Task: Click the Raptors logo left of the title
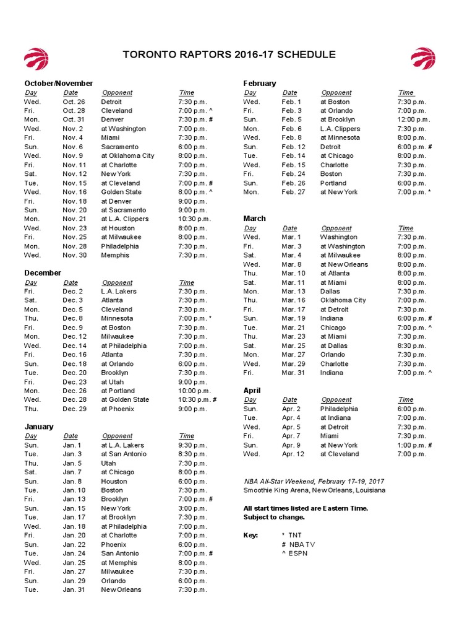[x=36, y=58]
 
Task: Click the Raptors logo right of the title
[x=424, y=58]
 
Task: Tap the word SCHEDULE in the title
[x=306, y=54]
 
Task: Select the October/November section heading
[x=59, y=83]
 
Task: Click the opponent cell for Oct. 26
[x=111, y=102]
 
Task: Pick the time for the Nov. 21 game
[x=194, y=219]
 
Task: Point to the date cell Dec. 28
[x=74, y=400]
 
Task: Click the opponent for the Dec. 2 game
[x=118, y=291]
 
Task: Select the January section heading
[x=39, y=427]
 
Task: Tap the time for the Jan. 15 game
[x=192, y=508]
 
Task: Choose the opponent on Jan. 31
[x=121, y=589]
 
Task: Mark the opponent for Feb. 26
[x=333, y=183]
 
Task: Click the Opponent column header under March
[x=336, y=228]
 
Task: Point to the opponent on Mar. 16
[x=343, y=300]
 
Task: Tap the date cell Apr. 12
[x=293, y=454]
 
